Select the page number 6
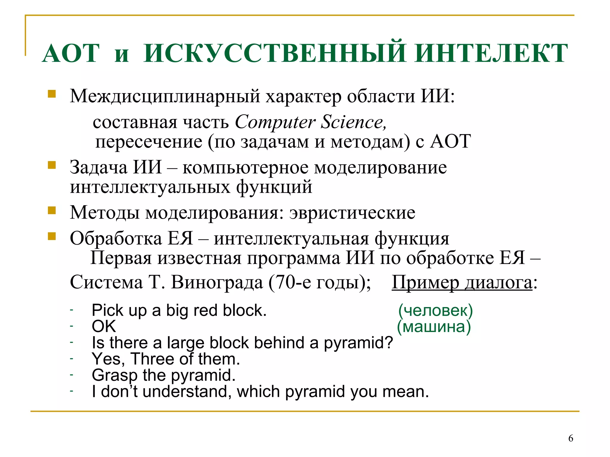pos(571,438)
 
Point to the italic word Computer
pos(275,122)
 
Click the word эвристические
pos(352,213)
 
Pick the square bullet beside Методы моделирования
pos(52,211)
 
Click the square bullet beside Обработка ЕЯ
pos(52,236)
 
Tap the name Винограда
pos(217,282)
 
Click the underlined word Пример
pos(425,282)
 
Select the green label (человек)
pos(435,310)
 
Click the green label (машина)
pos(434,327)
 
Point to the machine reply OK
pos(104,326)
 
